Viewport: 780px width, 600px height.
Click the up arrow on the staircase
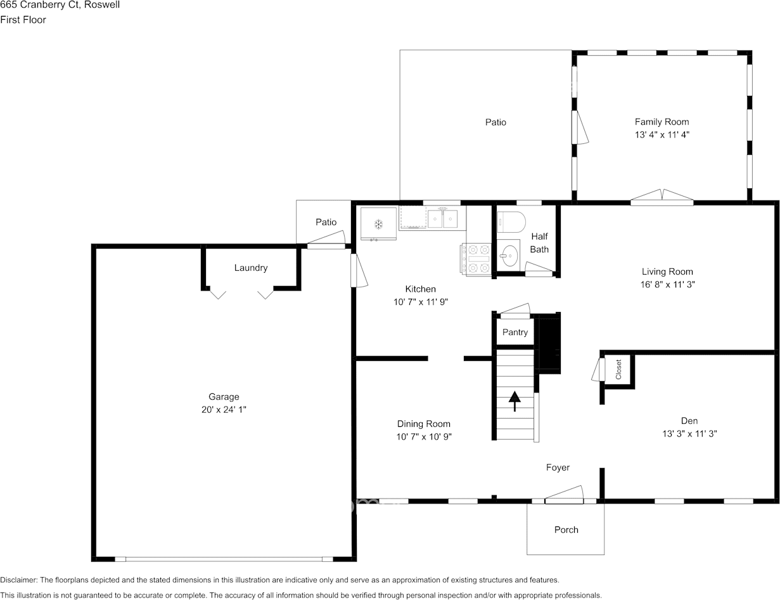coord(515,401)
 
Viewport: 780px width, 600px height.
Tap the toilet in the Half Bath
coord(511,222)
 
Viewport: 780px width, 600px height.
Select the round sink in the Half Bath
coord(509,256)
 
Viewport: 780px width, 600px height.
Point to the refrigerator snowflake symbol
coord(378,225)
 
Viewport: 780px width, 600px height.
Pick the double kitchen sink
coord(442,219)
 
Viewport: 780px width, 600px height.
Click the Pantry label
coord(515,332)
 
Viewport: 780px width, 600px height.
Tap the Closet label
coord(618,369)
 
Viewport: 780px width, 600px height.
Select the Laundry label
coord(251,268)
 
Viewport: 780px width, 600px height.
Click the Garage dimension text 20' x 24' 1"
coord(224,410)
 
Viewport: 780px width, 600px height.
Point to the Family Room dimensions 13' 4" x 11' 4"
coord(662,134)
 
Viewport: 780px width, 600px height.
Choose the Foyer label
coord(558,467)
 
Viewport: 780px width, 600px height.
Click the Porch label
coord(566,530)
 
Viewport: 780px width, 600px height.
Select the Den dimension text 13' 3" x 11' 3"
coord(689,434)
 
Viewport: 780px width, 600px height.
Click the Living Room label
coord(667,271)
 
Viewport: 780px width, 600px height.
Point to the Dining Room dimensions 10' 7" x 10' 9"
coord(423,436)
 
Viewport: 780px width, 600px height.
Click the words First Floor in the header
coord(23,20)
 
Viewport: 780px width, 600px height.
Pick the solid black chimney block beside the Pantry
coord(549,344)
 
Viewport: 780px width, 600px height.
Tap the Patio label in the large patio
coord(495,122)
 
